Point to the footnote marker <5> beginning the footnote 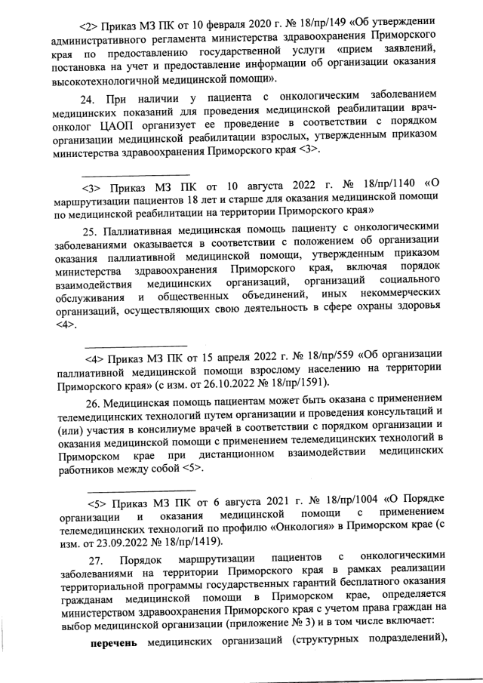pyautogui.click(x=98, y=503)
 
